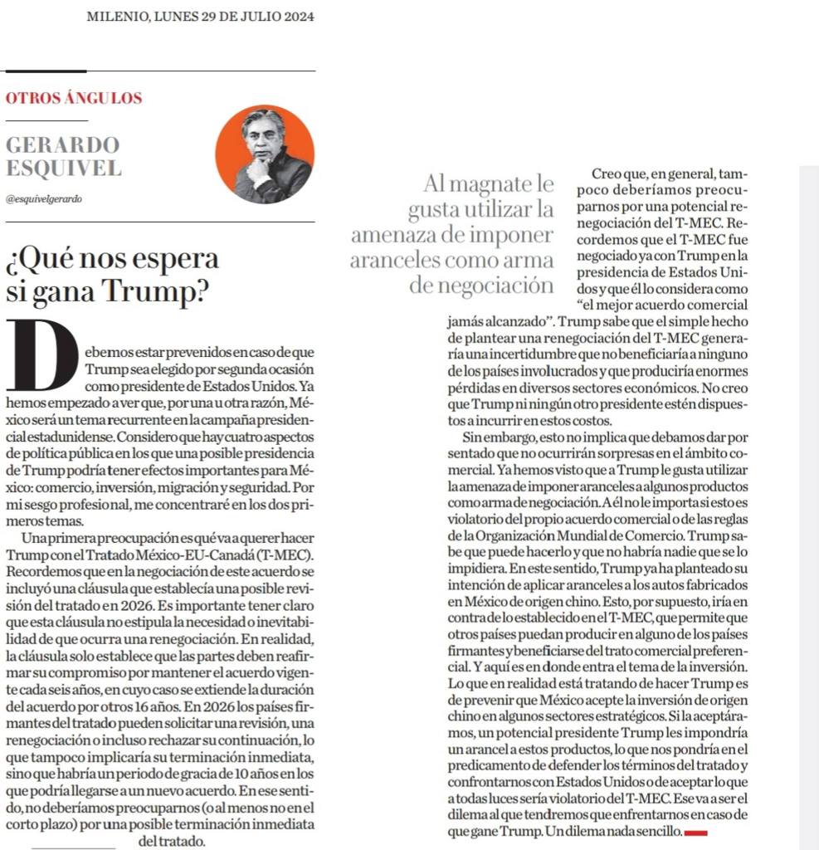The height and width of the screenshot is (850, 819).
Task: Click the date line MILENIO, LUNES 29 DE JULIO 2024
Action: pyautogui.click(x=200, y=17)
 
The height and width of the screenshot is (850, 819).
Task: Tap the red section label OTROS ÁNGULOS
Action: pyautogui.click(x=74, y=98)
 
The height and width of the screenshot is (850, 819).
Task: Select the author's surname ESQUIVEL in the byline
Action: pyautogui.click(x=63, y=169)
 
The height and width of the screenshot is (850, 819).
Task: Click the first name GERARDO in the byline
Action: pyautogui.click(x=62, y=145)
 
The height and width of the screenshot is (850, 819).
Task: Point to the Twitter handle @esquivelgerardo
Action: pyautogui.click(x=43, y=199)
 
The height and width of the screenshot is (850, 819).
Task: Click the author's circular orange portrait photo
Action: pyautogui.click(x=265, y=154)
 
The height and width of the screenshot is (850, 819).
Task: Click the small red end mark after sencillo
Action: pyautogui.click(x=695, y=831)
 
